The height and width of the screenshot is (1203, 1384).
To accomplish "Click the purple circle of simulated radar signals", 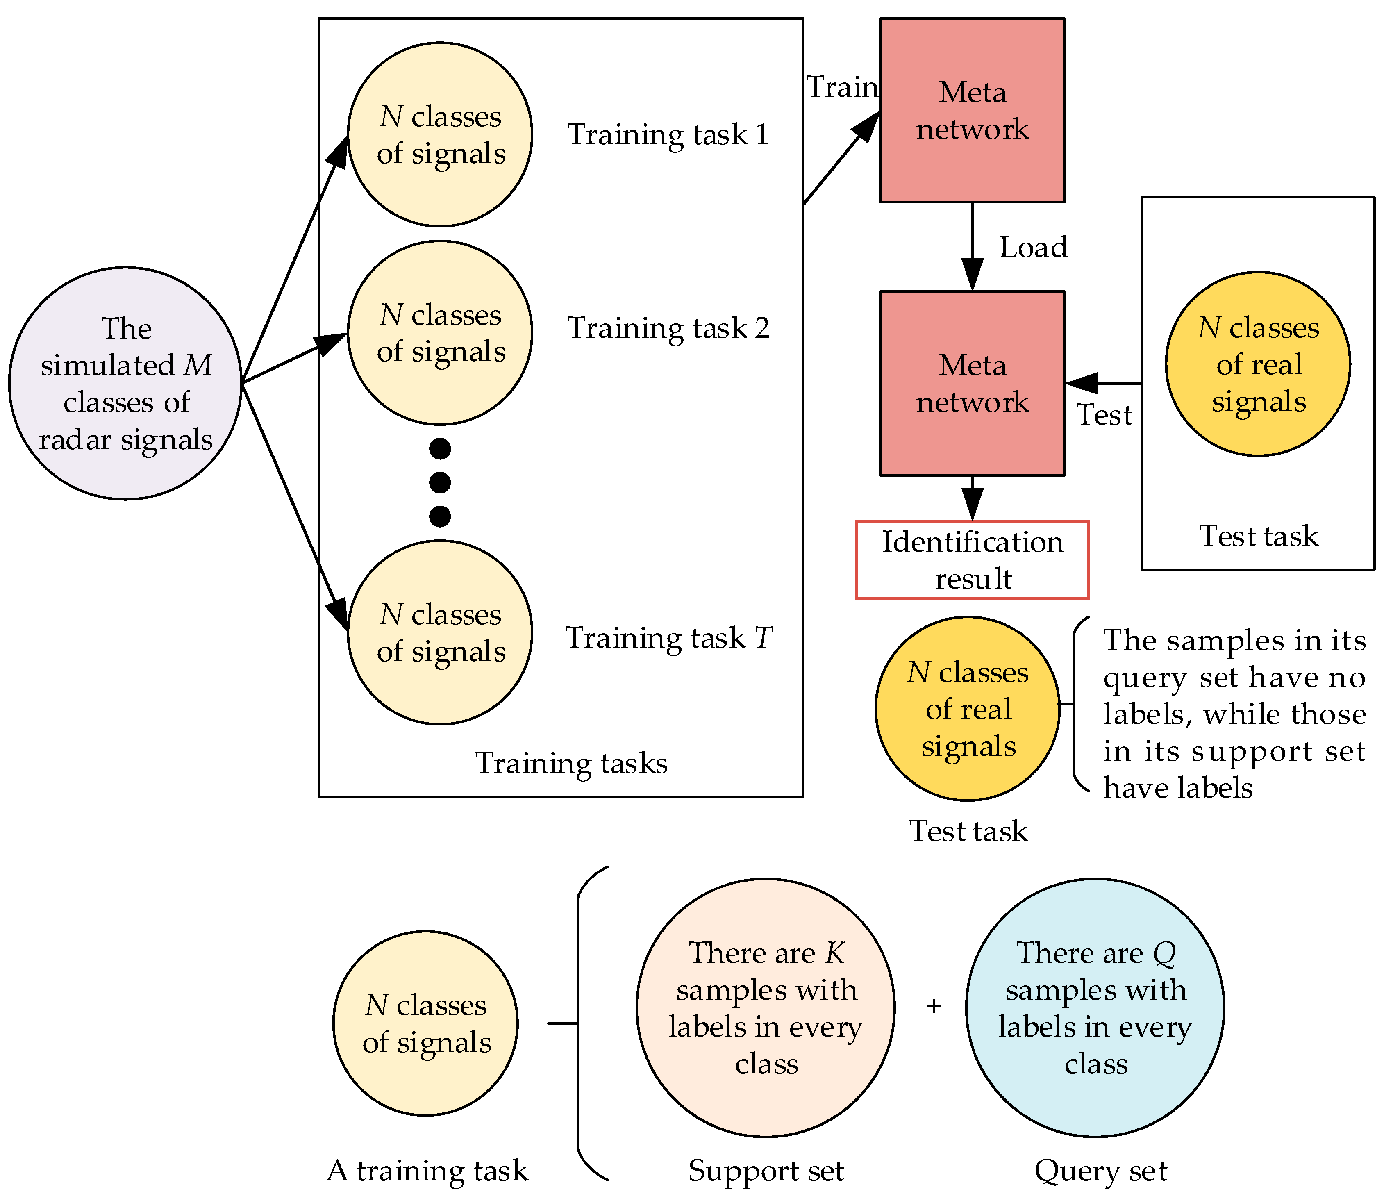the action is pyautogui.click(x=125, y=383).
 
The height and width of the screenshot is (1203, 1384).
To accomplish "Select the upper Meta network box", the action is pyautogui.click(x=972, y=110).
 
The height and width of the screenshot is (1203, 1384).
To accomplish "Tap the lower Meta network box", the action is pyautogui.click(x=972, y=383).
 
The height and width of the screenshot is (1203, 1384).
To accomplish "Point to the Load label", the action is pyautogui.click(x=1033, y=247).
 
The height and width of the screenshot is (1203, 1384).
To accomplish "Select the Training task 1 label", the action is pyautogui.click(x=668, y=134).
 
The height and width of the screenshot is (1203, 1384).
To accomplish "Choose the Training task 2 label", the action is pyautogui.click(x=668, y=328).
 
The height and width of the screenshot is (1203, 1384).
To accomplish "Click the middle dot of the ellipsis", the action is pyautogui.click(x=440, y=482).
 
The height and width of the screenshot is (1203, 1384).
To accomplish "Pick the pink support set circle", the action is pyautogui.click(x=765, y=1007).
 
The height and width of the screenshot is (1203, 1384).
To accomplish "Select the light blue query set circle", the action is pyautogui.click(x=1095, y=1007).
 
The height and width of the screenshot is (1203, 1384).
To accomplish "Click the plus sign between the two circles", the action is pyautogui.click(x=933, y=1005).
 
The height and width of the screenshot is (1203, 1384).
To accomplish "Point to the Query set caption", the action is pyautogui.click(x=1101, y=1171).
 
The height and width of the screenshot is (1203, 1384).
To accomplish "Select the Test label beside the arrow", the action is pyautogui.click(x=1104, y=415).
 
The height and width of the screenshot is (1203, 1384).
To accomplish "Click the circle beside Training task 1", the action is pyautogui.click(x=440, y=134).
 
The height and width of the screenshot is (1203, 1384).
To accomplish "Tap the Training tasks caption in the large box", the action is pyautogui.click(x=571, y=763).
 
